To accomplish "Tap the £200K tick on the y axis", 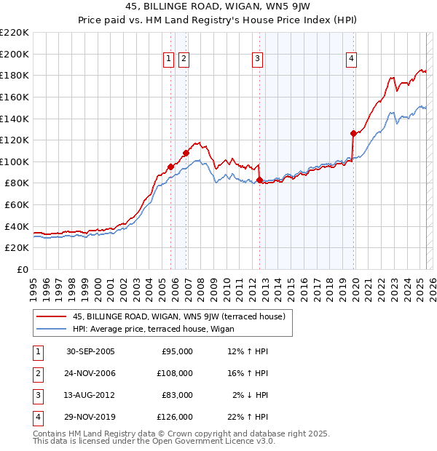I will tap(15, 54).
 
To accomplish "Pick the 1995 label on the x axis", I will tap(33, 284).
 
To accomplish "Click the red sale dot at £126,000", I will tap(353, 133).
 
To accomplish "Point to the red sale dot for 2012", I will tap(259, 180).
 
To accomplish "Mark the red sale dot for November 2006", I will tap(186, 153).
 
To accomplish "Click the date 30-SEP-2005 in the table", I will tap(90, 351).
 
